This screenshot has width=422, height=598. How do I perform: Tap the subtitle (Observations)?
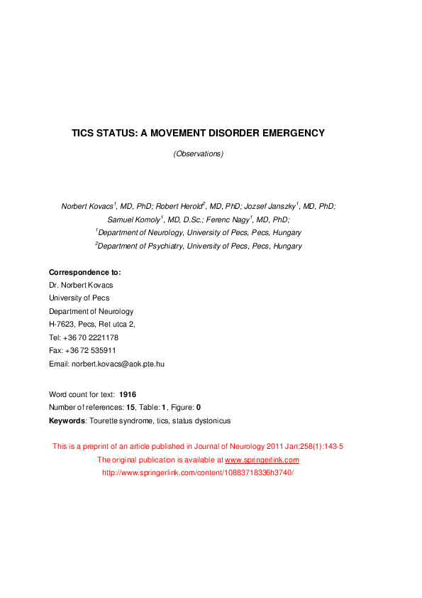199,153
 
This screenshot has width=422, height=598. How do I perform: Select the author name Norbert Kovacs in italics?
86,206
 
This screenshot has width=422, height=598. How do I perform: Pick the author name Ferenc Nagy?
227,219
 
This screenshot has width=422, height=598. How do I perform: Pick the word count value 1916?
128,394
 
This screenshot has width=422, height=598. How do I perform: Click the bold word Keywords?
67,420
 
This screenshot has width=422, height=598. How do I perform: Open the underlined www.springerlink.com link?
262,460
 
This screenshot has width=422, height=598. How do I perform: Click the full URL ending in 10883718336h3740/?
198,472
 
